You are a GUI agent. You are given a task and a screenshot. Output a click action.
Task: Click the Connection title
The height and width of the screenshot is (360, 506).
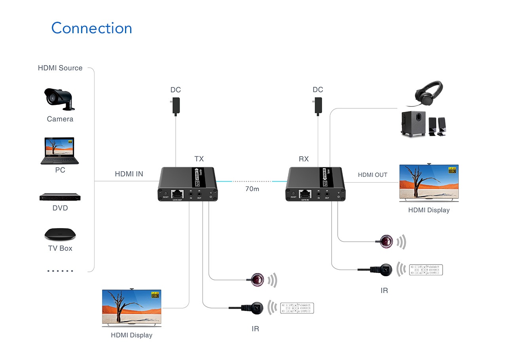point(91,28)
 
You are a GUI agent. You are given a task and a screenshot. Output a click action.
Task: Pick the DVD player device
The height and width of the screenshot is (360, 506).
point(60,197)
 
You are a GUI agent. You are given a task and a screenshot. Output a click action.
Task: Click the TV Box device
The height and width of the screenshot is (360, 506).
point(60,234)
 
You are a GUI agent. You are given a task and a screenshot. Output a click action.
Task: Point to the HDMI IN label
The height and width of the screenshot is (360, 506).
point(129,174)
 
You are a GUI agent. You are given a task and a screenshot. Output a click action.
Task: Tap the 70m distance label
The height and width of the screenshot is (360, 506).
point(252,189)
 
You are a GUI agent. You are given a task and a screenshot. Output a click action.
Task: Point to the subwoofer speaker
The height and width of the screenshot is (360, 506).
point(414,123)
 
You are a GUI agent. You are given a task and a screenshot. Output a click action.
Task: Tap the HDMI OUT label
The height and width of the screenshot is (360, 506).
point(372,174)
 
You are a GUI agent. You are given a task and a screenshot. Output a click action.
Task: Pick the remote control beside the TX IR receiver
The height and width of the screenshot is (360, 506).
point(297,308)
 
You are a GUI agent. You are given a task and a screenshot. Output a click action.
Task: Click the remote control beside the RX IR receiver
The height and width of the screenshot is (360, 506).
point(426,270)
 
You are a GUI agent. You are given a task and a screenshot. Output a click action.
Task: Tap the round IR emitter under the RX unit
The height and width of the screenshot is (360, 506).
point(386,241)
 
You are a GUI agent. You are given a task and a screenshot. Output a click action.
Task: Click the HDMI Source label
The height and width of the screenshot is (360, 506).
point(60,68)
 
